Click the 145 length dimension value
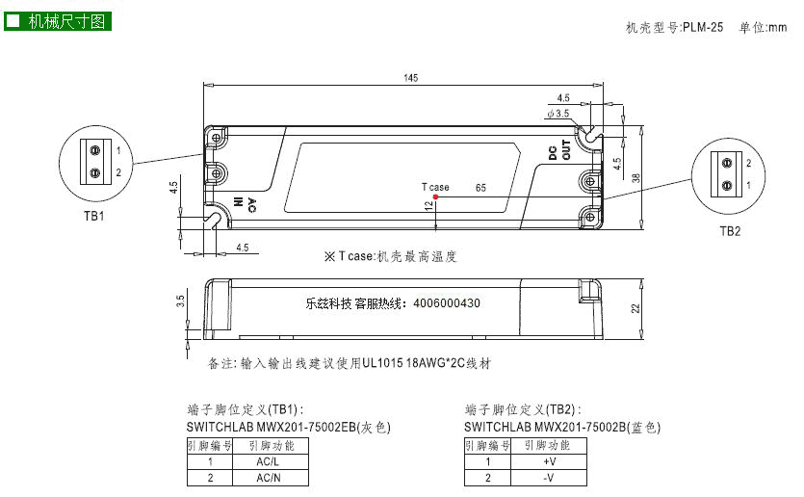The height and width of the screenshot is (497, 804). [x=411, y=78]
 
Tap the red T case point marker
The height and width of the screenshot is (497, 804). [x=435, y=196]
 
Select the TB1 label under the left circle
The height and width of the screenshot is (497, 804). [x=94, y=217]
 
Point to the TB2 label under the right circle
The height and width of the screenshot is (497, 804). [x=730, y=231]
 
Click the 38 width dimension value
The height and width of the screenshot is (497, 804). [x=636, y=178]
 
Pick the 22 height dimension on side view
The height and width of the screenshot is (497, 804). [x=635, y=309]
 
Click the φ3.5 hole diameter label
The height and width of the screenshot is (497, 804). [x=558, y=114]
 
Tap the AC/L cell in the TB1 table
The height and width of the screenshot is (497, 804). [x=269, y=461]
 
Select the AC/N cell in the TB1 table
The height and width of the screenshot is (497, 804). [x=269, y=478]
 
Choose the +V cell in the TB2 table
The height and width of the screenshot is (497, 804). [x=549, y=461]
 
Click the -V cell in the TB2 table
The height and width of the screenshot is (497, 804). [x=549, y=478]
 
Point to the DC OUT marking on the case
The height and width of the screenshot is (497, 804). [x=559, y=149]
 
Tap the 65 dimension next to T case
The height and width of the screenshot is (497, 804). [x=480, y=188]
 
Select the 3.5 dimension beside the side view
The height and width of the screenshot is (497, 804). [x=180, y=301]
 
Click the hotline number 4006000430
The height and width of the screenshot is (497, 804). [x=447, y=303]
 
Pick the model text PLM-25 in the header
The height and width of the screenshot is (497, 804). [x=703, y=27]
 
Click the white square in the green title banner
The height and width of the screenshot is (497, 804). [x=13, y=21]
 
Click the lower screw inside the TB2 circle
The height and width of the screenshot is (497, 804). [x=727, y=185]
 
